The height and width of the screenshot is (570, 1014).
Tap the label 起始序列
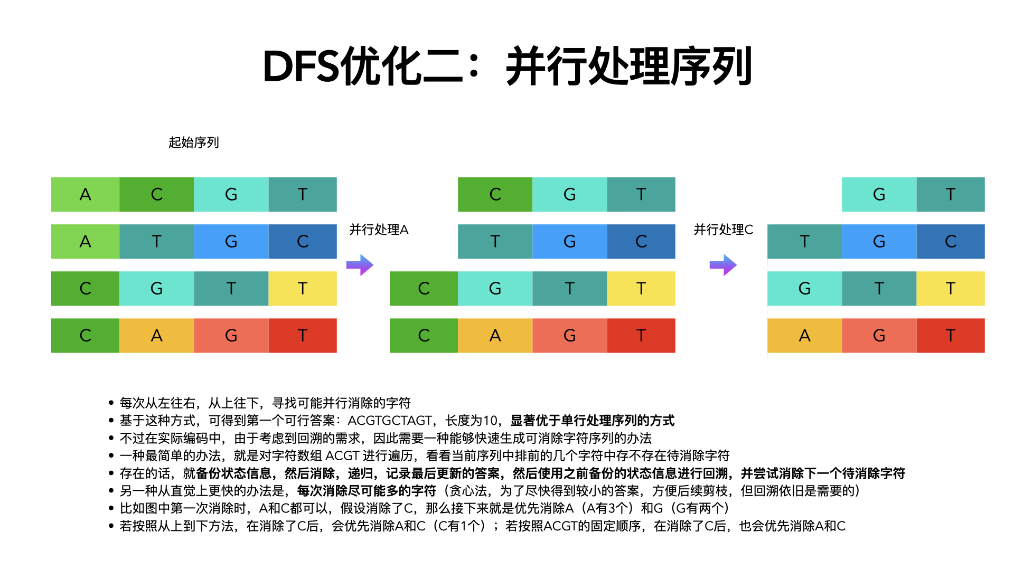coord(193,142)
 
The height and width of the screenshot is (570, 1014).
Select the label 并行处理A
coord(379,230)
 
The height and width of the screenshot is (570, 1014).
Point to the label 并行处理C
coord(723,230)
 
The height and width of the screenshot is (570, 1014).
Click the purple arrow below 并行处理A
coord(360,265)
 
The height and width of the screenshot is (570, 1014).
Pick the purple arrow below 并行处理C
coord(722,265)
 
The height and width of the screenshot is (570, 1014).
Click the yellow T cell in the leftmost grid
coord(303,288)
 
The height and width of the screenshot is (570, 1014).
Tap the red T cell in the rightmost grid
coord(951,335)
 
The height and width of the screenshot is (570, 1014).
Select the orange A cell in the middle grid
coord(495,335)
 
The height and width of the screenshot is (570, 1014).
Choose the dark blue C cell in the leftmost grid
coord(303,241)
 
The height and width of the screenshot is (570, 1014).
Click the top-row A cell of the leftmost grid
coord(85,194)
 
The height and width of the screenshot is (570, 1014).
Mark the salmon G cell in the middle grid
coord(569,335)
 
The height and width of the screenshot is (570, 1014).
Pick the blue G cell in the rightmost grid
coord(879,241)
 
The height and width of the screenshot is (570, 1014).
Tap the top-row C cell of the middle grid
coord(495,194)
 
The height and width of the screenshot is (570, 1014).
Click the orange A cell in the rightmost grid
coord(804,335)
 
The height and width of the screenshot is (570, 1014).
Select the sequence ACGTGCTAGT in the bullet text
coord(390,421)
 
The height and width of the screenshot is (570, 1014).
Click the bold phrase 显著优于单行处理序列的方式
coord(592,421)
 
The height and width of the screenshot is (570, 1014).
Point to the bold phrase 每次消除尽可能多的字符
coord(367,491)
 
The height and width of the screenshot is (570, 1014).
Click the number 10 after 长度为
coord(490,421)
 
